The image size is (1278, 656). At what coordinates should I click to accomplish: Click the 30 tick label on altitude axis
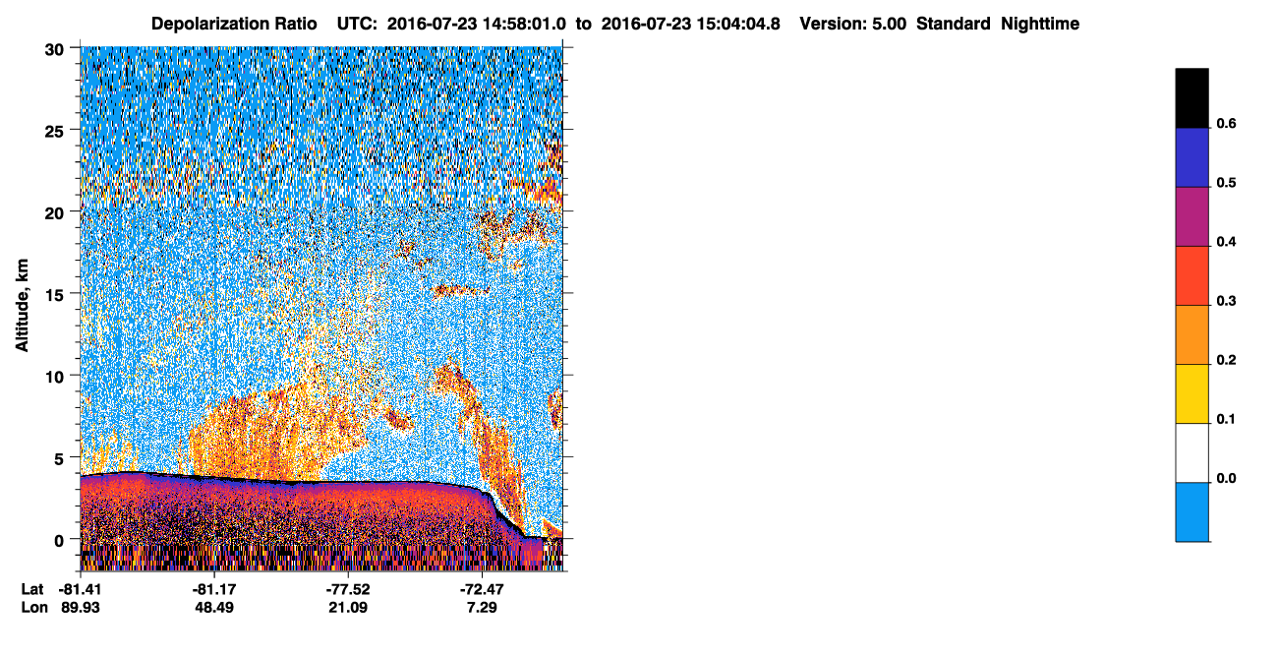click(54, 50)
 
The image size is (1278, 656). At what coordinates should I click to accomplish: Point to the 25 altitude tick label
click(54, 132)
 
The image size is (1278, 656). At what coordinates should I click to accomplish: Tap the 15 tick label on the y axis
click(54, 295)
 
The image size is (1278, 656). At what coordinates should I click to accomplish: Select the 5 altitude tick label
click(59, 459)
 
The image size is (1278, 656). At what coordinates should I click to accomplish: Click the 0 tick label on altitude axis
click(59, 541)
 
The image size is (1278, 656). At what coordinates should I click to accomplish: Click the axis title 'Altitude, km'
click(22, 305)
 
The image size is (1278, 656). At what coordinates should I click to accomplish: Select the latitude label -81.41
click(81, 589)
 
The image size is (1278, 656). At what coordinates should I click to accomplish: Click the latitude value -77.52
click(348, 589)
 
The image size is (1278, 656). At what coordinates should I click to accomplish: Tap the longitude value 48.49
click(214, 608)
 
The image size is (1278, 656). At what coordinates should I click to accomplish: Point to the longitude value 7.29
click(482, 608)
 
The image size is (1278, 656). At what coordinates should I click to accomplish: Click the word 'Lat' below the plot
click(32, 589)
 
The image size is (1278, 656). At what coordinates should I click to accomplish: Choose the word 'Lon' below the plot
click(34, 608)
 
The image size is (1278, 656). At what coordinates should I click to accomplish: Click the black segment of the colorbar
click(1191, 97)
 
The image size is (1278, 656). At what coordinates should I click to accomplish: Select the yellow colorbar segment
click(1191, 394)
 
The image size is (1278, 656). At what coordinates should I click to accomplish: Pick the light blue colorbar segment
click(1191, 512)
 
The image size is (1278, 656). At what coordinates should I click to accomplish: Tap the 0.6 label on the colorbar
click(1226, 123)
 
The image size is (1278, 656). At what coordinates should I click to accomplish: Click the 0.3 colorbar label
click(1226, 301)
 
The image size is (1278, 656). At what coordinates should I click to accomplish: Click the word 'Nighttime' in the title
click(1040, 24)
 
